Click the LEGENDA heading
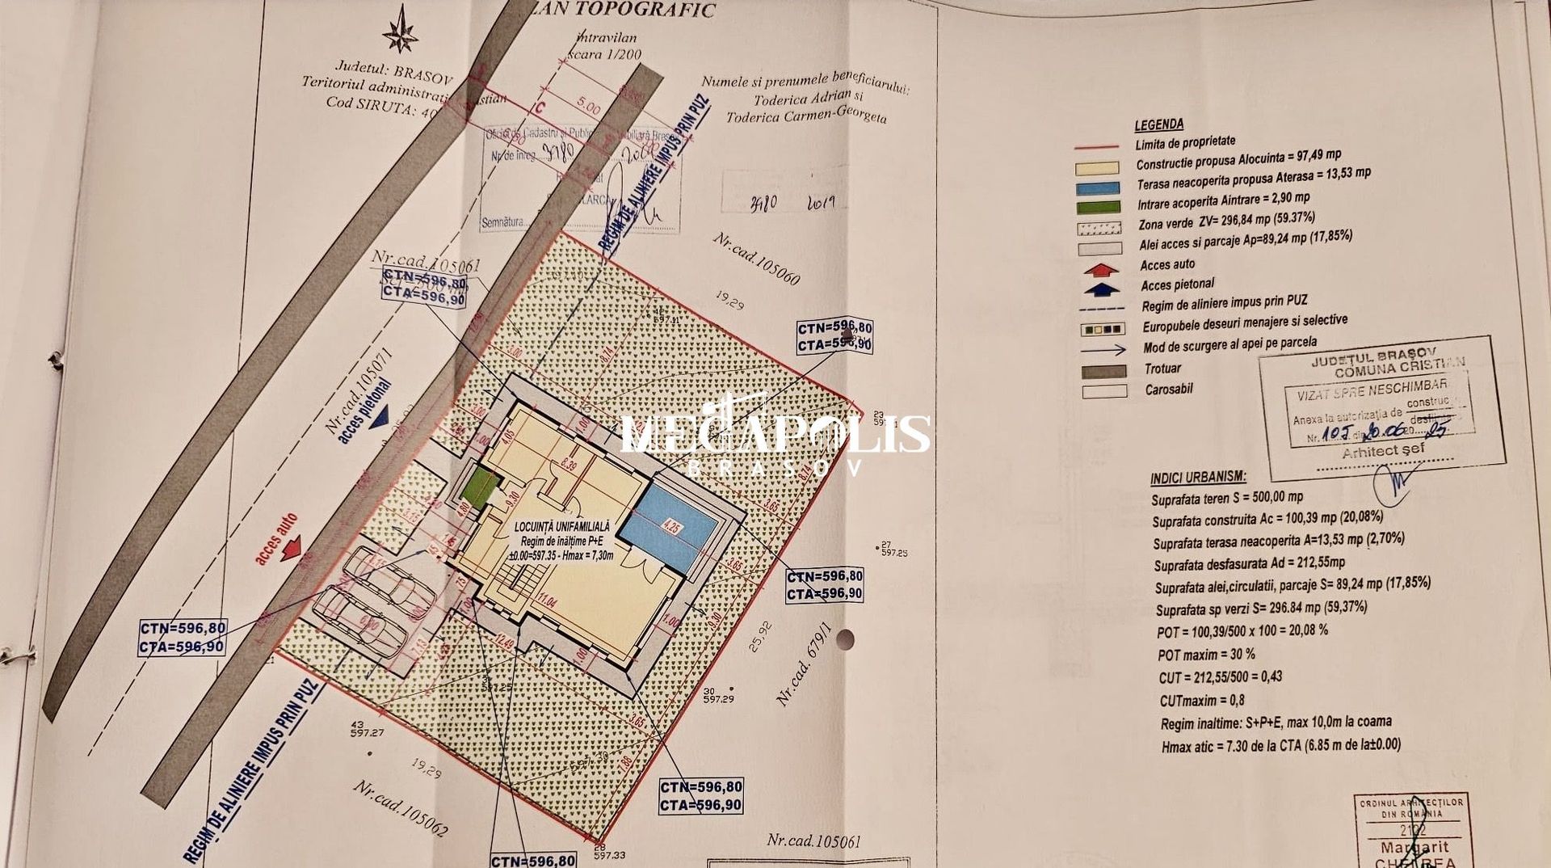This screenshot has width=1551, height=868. point(1158,124)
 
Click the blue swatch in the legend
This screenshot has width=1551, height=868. point(1099,188)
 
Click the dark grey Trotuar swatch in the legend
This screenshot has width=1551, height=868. point(1103,371)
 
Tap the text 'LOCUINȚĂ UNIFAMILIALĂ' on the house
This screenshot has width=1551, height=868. point(562,527)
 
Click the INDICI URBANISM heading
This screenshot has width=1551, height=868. point(1198,477)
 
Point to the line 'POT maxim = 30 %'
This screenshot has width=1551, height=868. point(1206,654)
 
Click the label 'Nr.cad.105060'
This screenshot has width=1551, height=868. point(756,259)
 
